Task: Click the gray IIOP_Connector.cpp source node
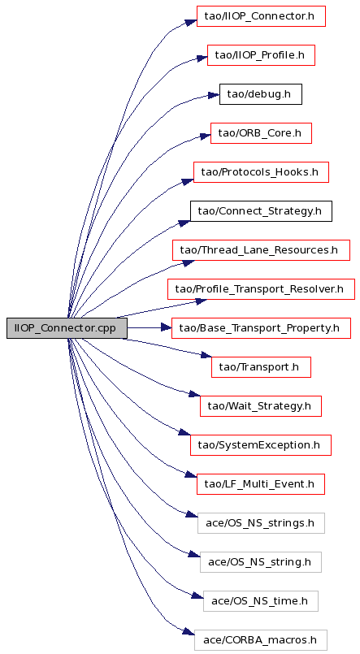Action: tap(67, 328)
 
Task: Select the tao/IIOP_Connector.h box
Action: tap(261, 16)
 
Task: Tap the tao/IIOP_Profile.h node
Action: tap(261, 55)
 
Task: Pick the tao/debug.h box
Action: tap(261, 94)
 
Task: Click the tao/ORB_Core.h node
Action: tap(261, 133)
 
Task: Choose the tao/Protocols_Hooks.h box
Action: tap(261, 172)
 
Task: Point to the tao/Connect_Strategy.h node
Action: tap(261, 211)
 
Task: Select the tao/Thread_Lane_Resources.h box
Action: tap(261, 250)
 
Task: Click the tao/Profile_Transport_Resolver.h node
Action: tap(261, 288)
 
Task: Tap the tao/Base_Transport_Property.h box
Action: tap(261, 328)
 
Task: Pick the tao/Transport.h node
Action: tap(261, 366)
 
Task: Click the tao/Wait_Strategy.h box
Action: tap(261, 406)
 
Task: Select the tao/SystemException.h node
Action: tap(261, 444)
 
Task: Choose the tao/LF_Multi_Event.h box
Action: tap(261, 484)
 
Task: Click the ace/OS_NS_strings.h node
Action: tap(261, 522)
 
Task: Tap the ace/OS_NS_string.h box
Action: tap(261, 561)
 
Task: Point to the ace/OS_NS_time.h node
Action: tap(261, 600)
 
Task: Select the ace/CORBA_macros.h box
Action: tap(261, 639)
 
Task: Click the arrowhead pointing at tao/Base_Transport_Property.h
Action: tap(167, 328)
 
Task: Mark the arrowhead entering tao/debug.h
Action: tap(214, 96)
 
